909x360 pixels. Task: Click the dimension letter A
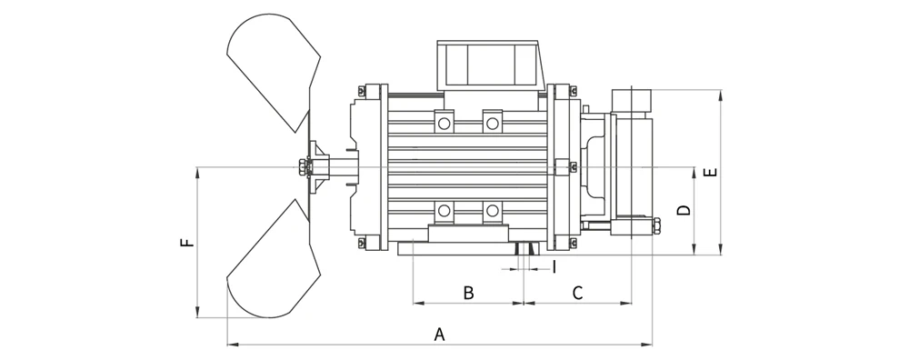click(439, 335)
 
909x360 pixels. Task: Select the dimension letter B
click(468, 293)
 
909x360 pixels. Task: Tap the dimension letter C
click(577, 293)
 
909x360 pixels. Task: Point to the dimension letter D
click(684, 210)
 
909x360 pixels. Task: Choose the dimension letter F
click(187, 243)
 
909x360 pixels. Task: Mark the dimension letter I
click(554, 266)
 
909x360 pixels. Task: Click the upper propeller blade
click(274, 70)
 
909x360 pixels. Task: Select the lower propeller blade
click(274, 260)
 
